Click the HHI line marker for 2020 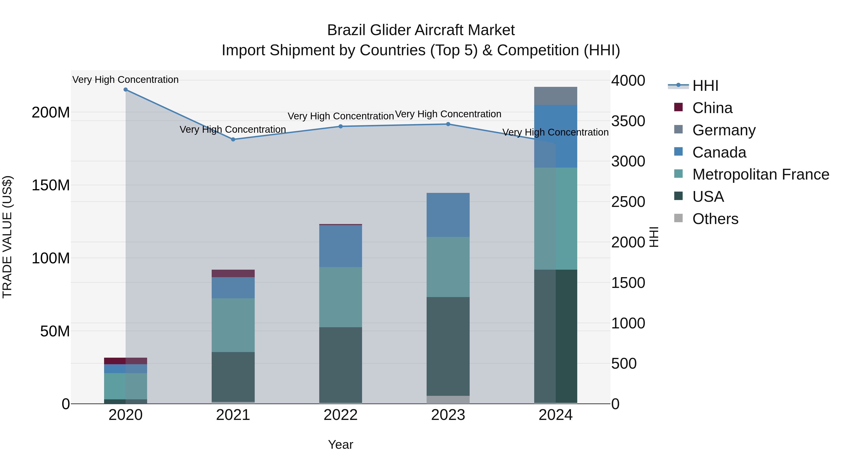tap(126, 90)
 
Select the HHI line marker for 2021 tap(233, 139)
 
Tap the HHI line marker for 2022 tap(341, 126)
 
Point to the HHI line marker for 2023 tap(448, 124)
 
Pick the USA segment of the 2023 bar tap(448, 346)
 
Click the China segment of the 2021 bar tap(233, 273)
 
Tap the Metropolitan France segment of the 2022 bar tap(341, 297)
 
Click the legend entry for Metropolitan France tap(760, 174)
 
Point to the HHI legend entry tap(705, 86)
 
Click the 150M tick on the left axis tap(51, 185)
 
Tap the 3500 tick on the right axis tap(628, 121)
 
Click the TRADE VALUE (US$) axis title tap(7, 237)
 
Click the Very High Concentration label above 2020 tap(126, 80)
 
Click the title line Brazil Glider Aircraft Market tap(421, 30)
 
